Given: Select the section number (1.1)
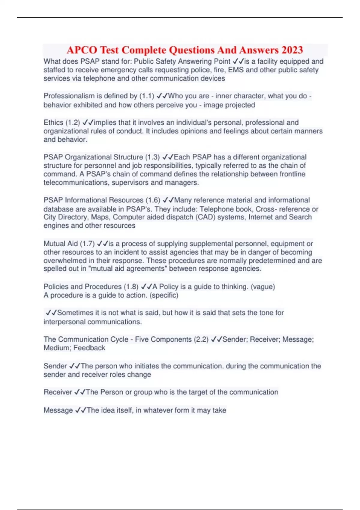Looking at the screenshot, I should (147, 96).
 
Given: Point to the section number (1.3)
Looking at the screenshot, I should (152, 157).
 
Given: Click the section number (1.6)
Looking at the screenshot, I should (153, 200).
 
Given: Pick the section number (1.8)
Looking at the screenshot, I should (131, 287).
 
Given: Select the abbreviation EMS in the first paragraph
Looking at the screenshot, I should (236, 70).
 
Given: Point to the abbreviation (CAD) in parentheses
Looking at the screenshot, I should (205, 217).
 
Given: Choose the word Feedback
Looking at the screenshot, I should (89, 348).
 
